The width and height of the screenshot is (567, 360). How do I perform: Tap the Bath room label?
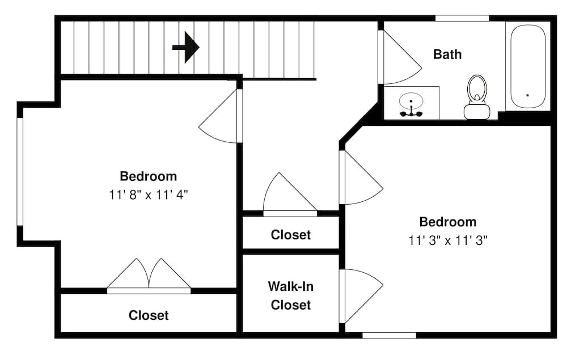pos(447,54)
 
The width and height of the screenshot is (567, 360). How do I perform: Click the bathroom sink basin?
pos(411,103)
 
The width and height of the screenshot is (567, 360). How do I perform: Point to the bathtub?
pos(527,67)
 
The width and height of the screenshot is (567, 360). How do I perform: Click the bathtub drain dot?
pos(527,95)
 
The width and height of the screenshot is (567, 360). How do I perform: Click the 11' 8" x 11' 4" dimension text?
pos(149,194)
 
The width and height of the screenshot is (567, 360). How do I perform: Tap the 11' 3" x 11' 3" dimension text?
pos(448,240)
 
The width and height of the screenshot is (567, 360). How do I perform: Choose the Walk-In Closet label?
pos(290,296)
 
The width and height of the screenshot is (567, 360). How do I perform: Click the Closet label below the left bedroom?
pos(149,315)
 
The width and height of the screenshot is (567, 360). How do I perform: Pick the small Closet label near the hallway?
pos(290,235)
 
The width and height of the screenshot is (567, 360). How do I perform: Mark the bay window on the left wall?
pos(20,172)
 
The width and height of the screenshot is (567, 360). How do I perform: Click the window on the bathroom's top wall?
pos(462,18)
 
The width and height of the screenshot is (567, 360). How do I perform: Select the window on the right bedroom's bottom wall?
pos(389,336)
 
